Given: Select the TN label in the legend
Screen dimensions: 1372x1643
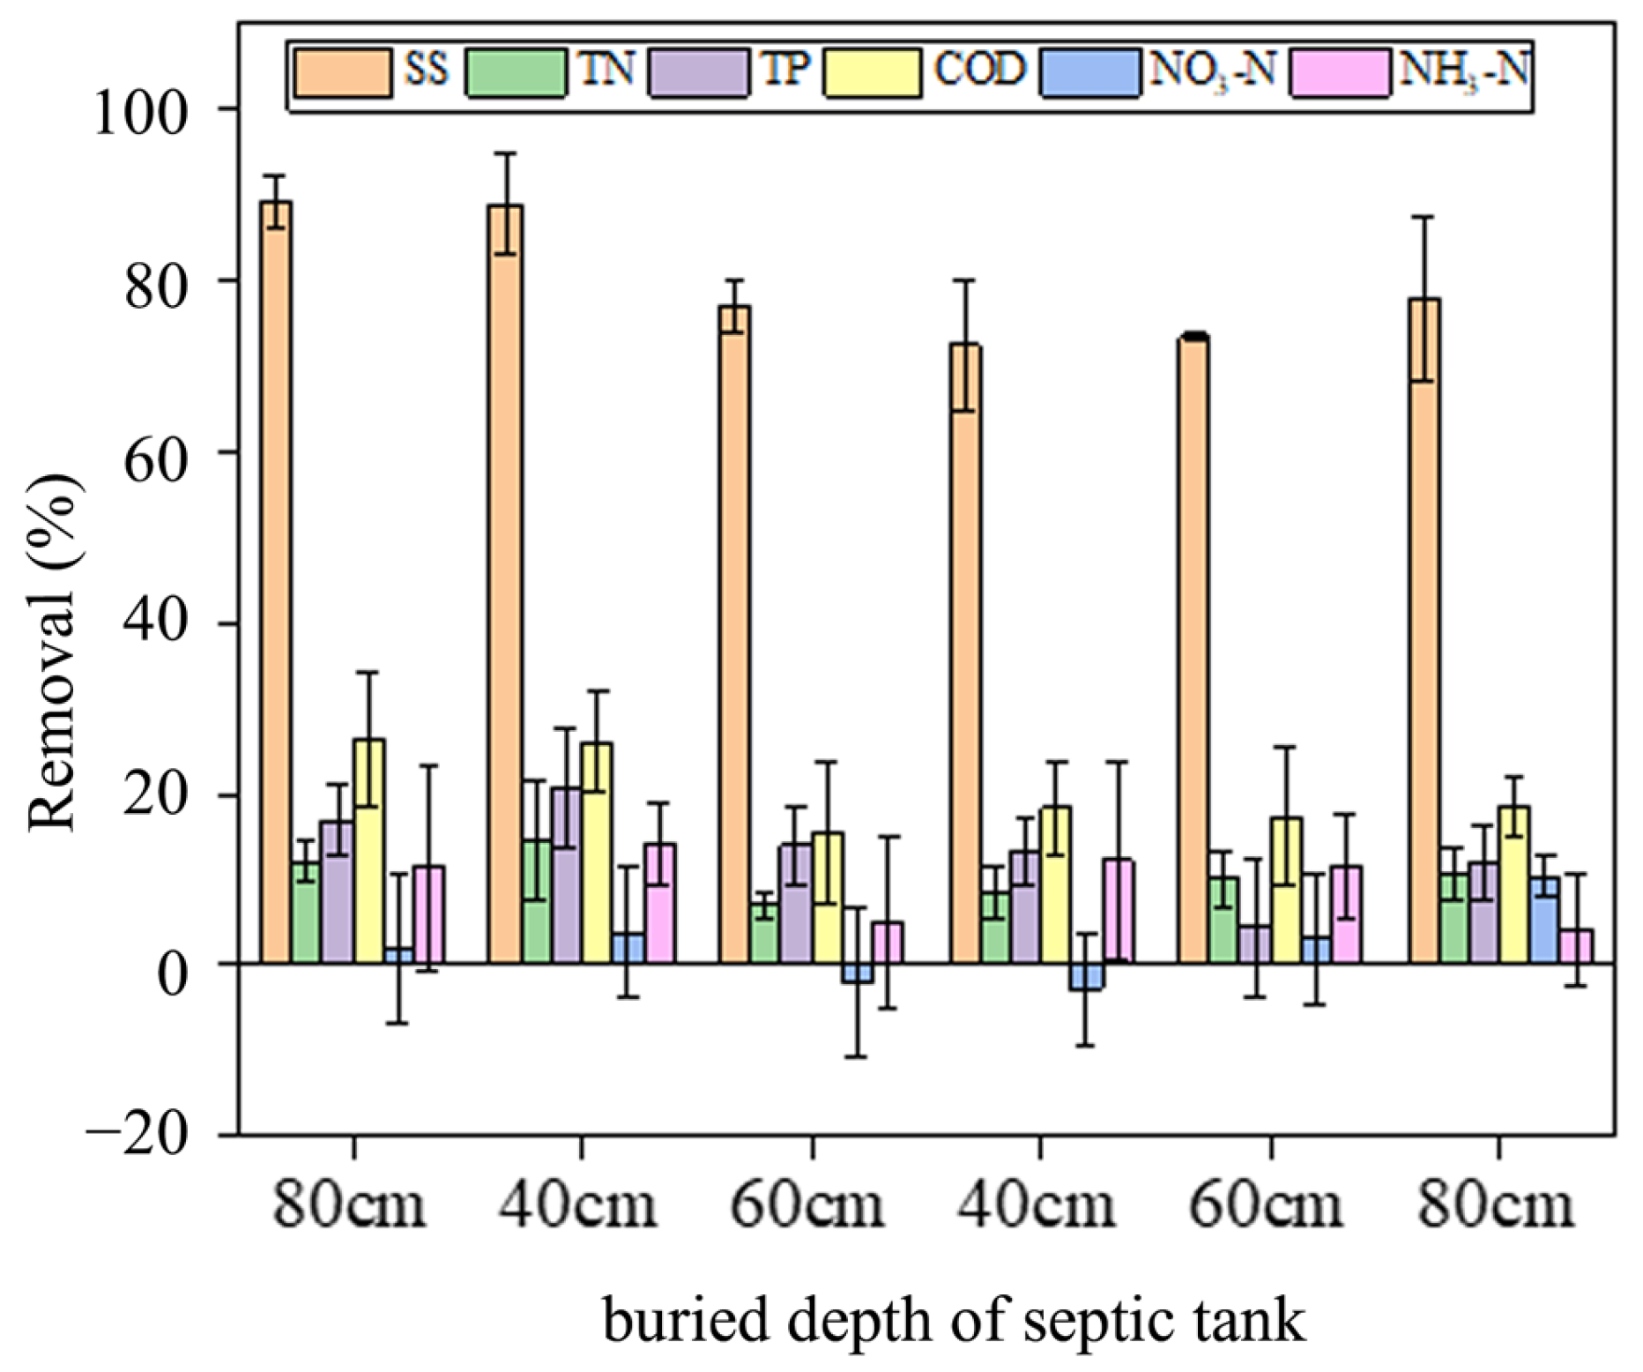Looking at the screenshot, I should pos(606,68).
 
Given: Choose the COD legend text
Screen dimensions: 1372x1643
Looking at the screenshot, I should pos(979,68).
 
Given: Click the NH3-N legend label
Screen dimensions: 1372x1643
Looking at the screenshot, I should pos(1463,70).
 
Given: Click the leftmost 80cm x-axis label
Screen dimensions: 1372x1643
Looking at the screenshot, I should pos(350,1204).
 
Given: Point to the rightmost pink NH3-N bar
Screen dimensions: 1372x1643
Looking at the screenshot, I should pos(1576,945).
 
